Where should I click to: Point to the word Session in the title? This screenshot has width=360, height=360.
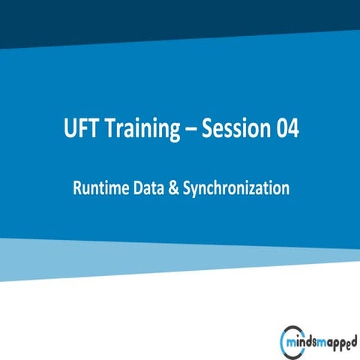pos(238,129)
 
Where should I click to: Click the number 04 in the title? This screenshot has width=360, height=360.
pos(288,129)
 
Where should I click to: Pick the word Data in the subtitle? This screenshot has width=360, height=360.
pos(150,188)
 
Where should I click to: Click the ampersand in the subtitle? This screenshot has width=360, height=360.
pos(175,188)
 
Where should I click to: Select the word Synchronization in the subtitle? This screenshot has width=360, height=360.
pos(235,189)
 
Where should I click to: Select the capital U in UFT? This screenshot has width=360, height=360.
pos(70,129)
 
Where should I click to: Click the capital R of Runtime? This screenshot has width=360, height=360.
pos(77,188)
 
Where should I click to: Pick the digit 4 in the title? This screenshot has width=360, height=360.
pos(294,129)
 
